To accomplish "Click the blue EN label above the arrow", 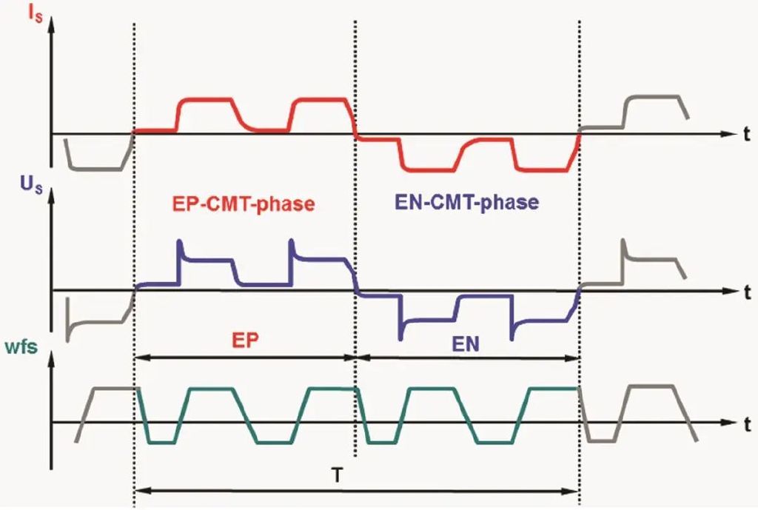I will point(466,344).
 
